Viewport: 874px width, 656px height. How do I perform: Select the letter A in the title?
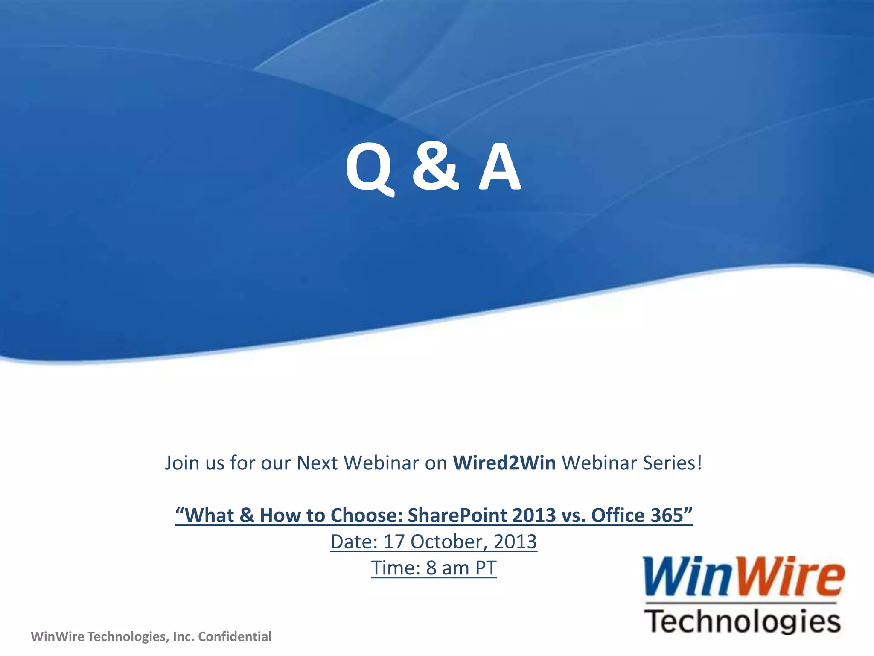[x=499, y=167]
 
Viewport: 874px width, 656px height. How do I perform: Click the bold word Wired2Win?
[x=504, y=463]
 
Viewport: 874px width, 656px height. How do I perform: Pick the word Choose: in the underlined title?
[x=367, y=515]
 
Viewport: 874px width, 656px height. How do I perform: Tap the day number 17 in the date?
[x=394, y=542]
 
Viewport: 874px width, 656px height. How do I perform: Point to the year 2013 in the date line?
[x=515, y=542]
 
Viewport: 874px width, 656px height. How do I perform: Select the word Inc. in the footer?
[x=184, y=637]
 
